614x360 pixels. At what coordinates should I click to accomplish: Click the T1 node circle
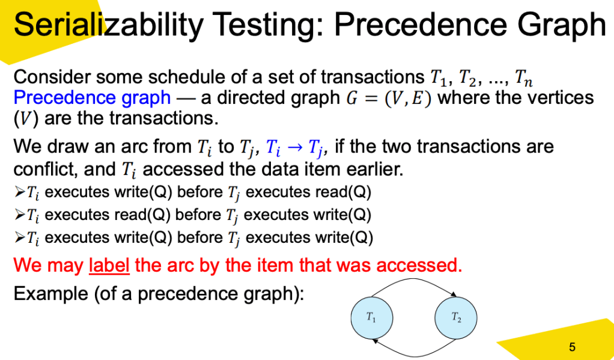pyautogui.click(x=372, y=317)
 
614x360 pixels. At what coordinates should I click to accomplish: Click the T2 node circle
pyautogui.click(x=456, y=317)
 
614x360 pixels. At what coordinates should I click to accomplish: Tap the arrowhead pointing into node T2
pyautogui.click(x=454, y=294)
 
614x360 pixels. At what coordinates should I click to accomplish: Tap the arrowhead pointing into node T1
pyautogui.click(x=375, y=340)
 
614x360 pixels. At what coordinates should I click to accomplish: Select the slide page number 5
pyautogui.click(x=572, y=347)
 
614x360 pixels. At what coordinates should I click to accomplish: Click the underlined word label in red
pyautogui.click(x=109, y=266)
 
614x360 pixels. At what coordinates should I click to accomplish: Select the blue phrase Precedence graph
pyautogui.click(x=92, y=98)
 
